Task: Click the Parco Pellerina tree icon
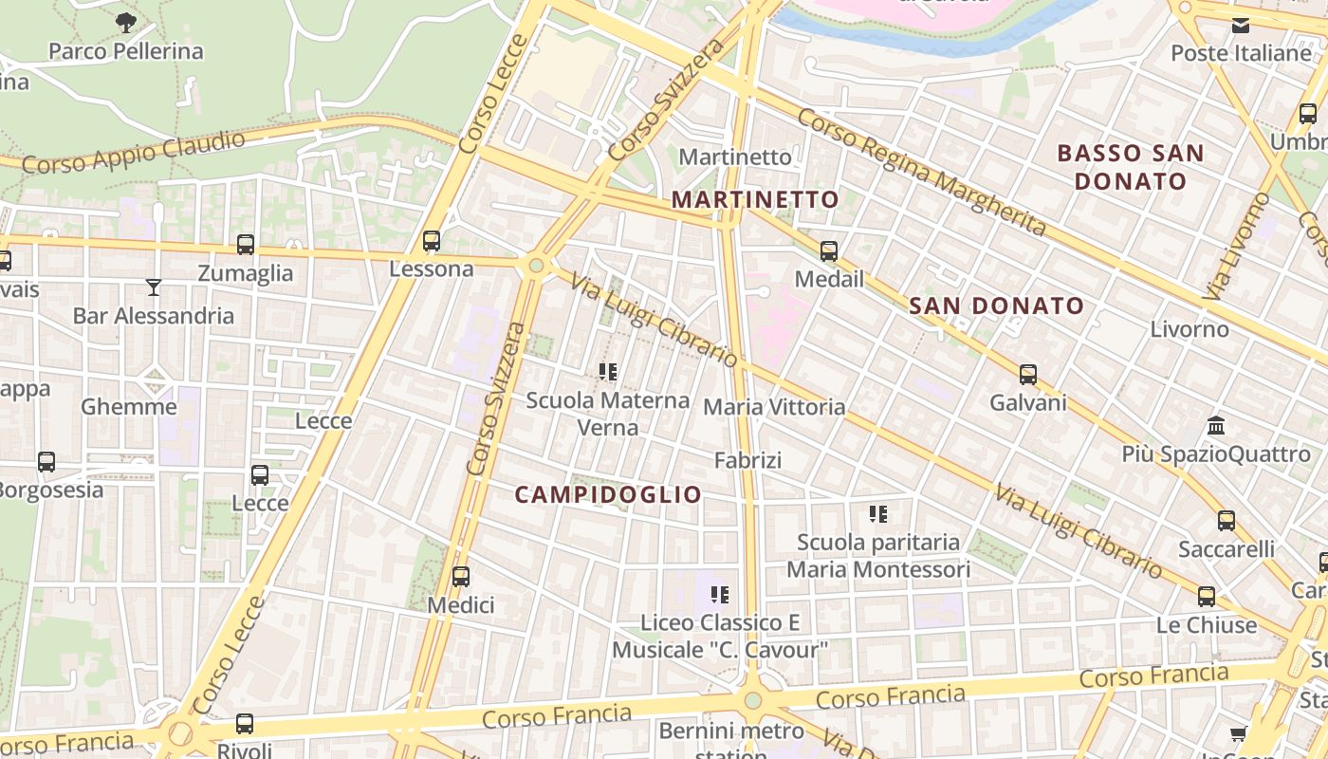tap(125, 22)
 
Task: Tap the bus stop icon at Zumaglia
tap(246, 245)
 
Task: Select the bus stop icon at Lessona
tap(432, 241)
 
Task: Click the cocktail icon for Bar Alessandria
tap(153, 287)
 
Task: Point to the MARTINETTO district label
tap(755, 199)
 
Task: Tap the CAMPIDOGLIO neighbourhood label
tap(608, 494)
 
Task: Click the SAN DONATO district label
tap(996, 305)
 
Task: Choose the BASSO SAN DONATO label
tap(1130, 167)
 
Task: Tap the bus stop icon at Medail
tap(829, 251)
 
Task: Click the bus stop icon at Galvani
tap(1028, 375)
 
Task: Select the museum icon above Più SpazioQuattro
tap(1216, 426)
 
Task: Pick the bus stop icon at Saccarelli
tap(1227, 521)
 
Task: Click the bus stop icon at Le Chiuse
tap(1207, 597)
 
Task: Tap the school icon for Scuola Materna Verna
tap(608, 372)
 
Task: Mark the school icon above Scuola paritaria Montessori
tap(878, 514)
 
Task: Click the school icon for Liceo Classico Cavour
tap(720, 595)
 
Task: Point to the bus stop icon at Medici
tap(461, 577)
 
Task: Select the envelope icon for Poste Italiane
tap(1241, 26)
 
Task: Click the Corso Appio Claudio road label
tap(134, 152)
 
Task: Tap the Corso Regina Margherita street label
tap(921, 172)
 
